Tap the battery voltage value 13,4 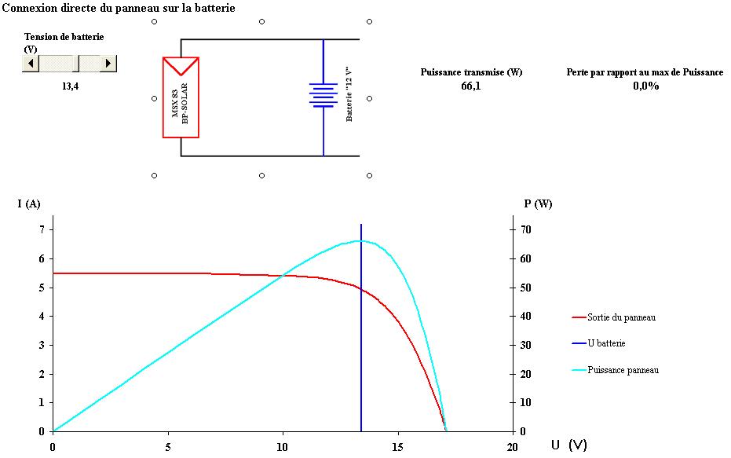click(70, 86)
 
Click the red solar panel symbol click(181, 97)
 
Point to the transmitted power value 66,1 click(471, 86)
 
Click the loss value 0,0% click(645, 86)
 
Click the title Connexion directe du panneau click(119, 7)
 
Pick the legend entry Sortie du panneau click(621, 317)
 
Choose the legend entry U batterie click(606, 343)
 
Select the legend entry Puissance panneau click(623, 370)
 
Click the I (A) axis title click(29, 204)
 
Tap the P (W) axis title click(538, 204)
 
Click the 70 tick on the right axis click(523, 230)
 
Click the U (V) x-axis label click(568, 445)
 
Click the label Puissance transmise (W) click(471, 72)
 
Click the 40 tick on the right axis click(523, 317)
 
